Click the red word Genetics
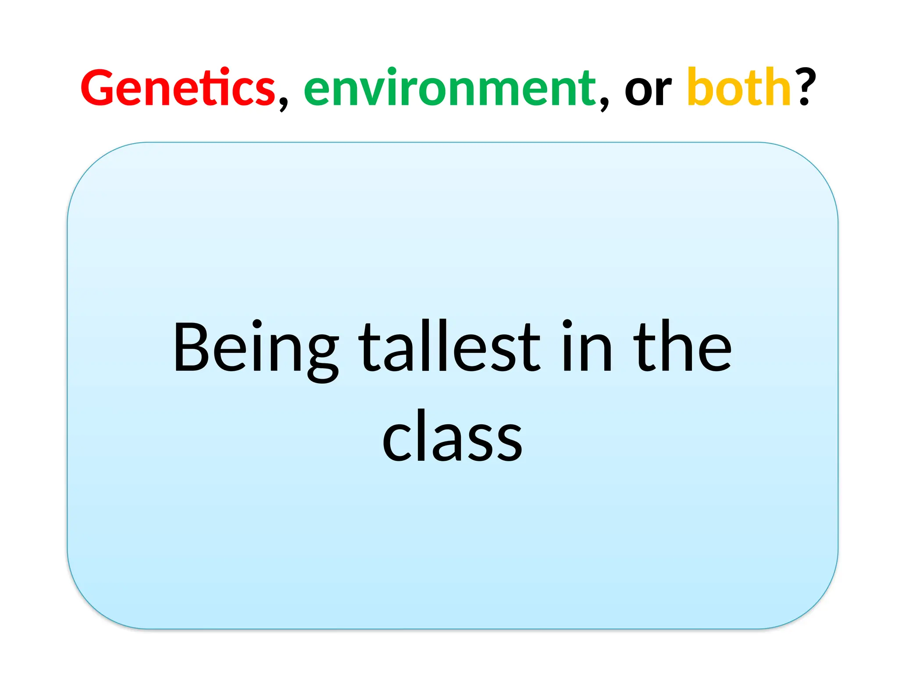tap(178, 88)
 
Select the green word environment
tap(450, 88)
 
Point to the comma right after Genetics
tap(283, 104)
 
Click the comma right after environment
tap(604, 104)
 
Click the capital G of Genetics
tap(97, 88)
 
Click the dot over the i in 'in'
tap(567, 324)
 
